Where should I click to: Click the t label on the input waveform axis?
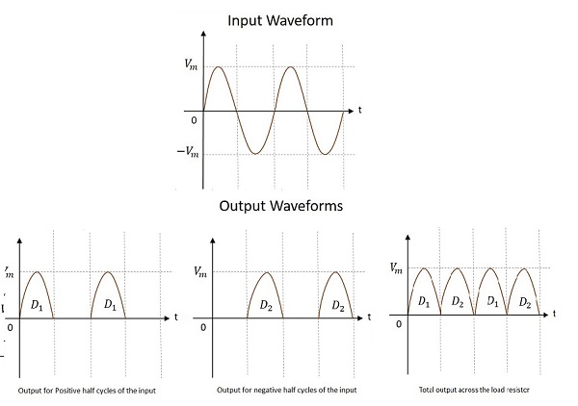click(x=359, y=111)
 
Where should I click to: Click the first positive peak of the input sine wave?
click(x=219, y=67)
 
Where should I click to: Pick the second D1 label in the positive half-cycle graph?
click(x=109, y=305)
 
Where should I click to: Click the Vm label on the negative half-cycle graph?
click(x=199, y=271)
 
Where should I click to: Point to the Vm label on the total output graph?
click(x=396, y=268)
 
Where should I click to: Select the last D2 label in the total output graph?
click(x=525, y=302)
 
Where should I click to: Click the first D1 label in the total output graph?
click(x=423, y=302)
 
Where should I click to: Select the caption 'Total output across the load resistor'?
click(x=475, y=389)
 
